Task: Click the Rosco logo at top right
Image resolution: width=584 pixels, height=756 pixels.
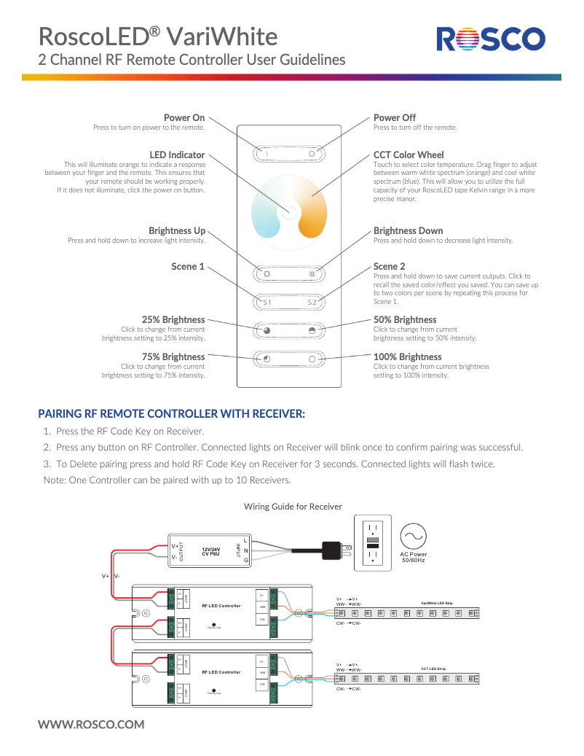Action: (490, 39)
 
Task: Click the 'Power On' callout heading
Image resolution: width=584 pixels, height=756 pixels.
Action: (184, 117)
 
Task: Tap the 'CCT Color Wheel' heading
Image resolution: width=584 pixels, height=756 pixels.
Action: (408, 155)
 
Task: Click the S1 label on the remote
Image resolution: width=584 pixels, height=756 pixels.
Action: (267, 302)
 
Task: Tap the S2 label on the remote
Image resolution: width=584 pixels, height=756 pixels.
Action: (312, 302)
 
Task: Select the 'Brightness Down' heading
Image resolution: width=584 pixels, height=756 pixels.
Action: (408, 230)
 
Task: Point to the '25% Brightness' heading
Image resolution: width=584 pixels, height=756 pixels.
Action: (173, 319)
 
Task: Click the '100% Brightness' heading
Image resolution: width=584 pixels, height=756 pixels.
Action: (407, 356)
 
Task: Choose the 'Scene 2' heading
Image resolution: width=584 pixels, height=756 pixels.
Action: (389, 266)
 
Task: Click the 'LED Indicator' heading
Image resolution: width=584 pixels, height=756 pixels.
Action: (177, 155)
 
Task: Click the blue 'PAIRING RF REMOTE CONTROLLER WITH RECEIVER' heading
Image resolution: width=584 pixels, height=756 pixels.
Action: (171, 413)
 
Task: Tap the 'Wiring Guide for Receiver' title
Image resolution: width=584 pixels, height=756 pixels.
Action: (292, 506)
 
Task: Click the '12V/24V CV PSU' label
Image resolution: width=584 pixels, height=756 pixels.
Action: (210, 551)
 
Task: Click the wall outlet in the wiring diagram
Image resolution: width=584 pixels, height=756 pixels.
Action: (372, 543)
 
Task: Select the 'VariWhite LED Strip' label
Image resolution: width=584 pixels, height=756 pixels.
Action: (437, 603)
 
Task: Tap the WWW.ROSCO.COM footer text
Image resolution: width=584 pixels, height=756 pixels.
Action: (91, 724)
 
